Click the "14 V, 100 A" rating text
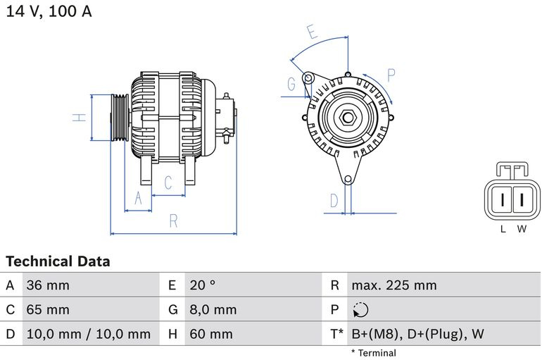click(x=49, y=11)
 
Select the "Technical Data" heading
click(x=58, y=261)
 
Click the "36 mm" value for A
click(x=48, y=285)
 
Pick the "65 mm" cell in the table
click(x=48, y=309)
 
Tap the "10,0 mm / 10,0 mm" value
click(x=89, y=334)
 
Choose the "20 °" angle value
click(x=202, y=285)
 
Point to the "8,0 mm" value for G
click(x=213, y=309)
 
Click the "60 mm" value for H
click(x=211, y=334)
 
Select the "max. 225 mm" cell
click(x=394, y=285)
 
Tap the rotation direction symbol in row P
click(x=360, y=310)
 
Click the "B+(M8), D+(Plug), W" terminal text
click(x=417, y=334)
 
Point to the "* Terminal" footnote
click(x=374, y=353)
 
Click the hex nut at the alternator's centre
click(x=348, y=118)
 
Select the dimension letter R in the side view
click(x=174, y=221)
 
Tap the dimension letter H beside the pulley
click(x=80, y=118)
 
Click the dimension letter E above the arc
click(x=312, y=32)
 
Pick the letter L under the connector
click(x=503, y=229)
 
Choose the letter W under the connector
click(x=522, y=229)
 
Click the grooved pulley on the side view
click(x=119, y=118)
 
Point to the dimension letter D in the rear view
click(x=334, y=201)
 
